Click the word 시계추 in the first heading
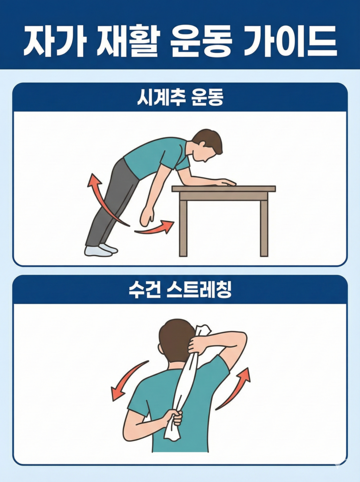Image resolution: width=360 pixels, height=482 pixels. (158, 97)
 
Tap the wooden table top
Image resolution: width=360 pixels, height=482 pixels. (224, 189)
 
